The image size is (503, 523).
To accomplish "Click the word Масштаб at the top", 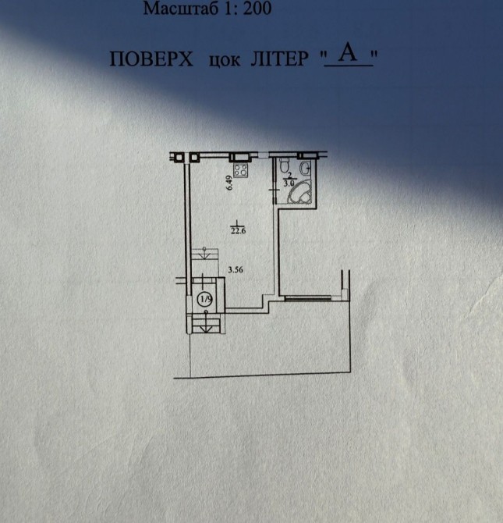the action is pos(181,9).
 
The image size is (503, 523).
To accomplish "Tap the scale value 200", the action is pos(257,9).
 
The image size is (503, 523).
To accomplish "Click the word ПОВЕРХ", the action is pos(151,59).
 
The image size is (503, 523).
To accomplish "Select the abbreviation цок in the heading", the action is pos(224,60).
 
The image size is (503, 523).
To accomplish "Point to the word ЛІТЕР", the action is pos(279,59).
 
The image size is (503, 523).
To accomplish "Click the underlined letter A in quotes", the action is pos(348,53).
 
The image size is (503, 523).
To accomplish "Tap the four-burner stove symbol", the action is pos(241,170).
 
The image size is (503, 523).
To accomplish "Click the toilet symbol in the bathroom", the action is pos(285,165).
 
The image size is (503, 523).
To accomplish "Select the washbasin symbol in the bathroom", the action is pos(306,168).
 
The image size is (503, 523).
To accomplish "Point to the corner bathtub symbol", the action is pos(300,193).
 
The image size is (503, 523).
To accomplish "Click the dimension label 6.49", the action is pos(229,183).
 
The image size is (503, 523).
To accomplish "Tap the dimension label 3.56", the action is pos(236,270).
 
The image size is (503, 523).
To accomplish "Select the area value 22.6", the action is pos(238,231).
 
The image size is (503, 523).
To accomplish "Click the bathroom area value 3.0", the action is pos(289,183).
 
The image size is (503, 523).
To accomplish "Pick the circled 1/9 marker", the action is pos(205,299).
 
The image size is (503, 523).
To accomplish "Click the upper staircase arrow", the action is pos(204,253).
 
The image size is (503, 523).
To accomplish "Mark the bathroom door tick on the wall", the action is pos(274,190).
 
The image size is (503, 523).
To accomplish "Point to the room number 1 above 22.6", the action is pos(237,222).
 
